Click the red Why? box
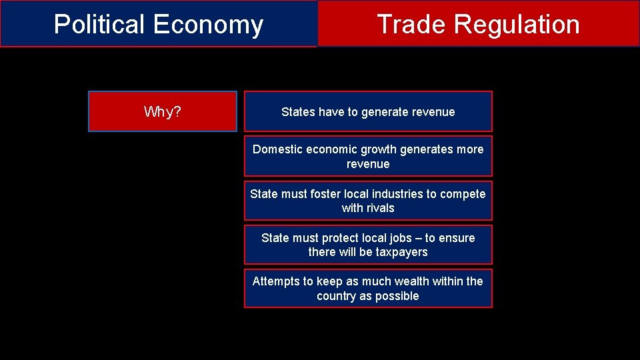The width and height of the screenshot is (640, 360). (x=162, y=111)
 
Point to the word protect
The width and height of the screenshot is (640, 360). (x=340, y=238)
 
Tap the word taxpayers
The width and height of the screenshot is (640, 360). (x=401, y=252)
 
